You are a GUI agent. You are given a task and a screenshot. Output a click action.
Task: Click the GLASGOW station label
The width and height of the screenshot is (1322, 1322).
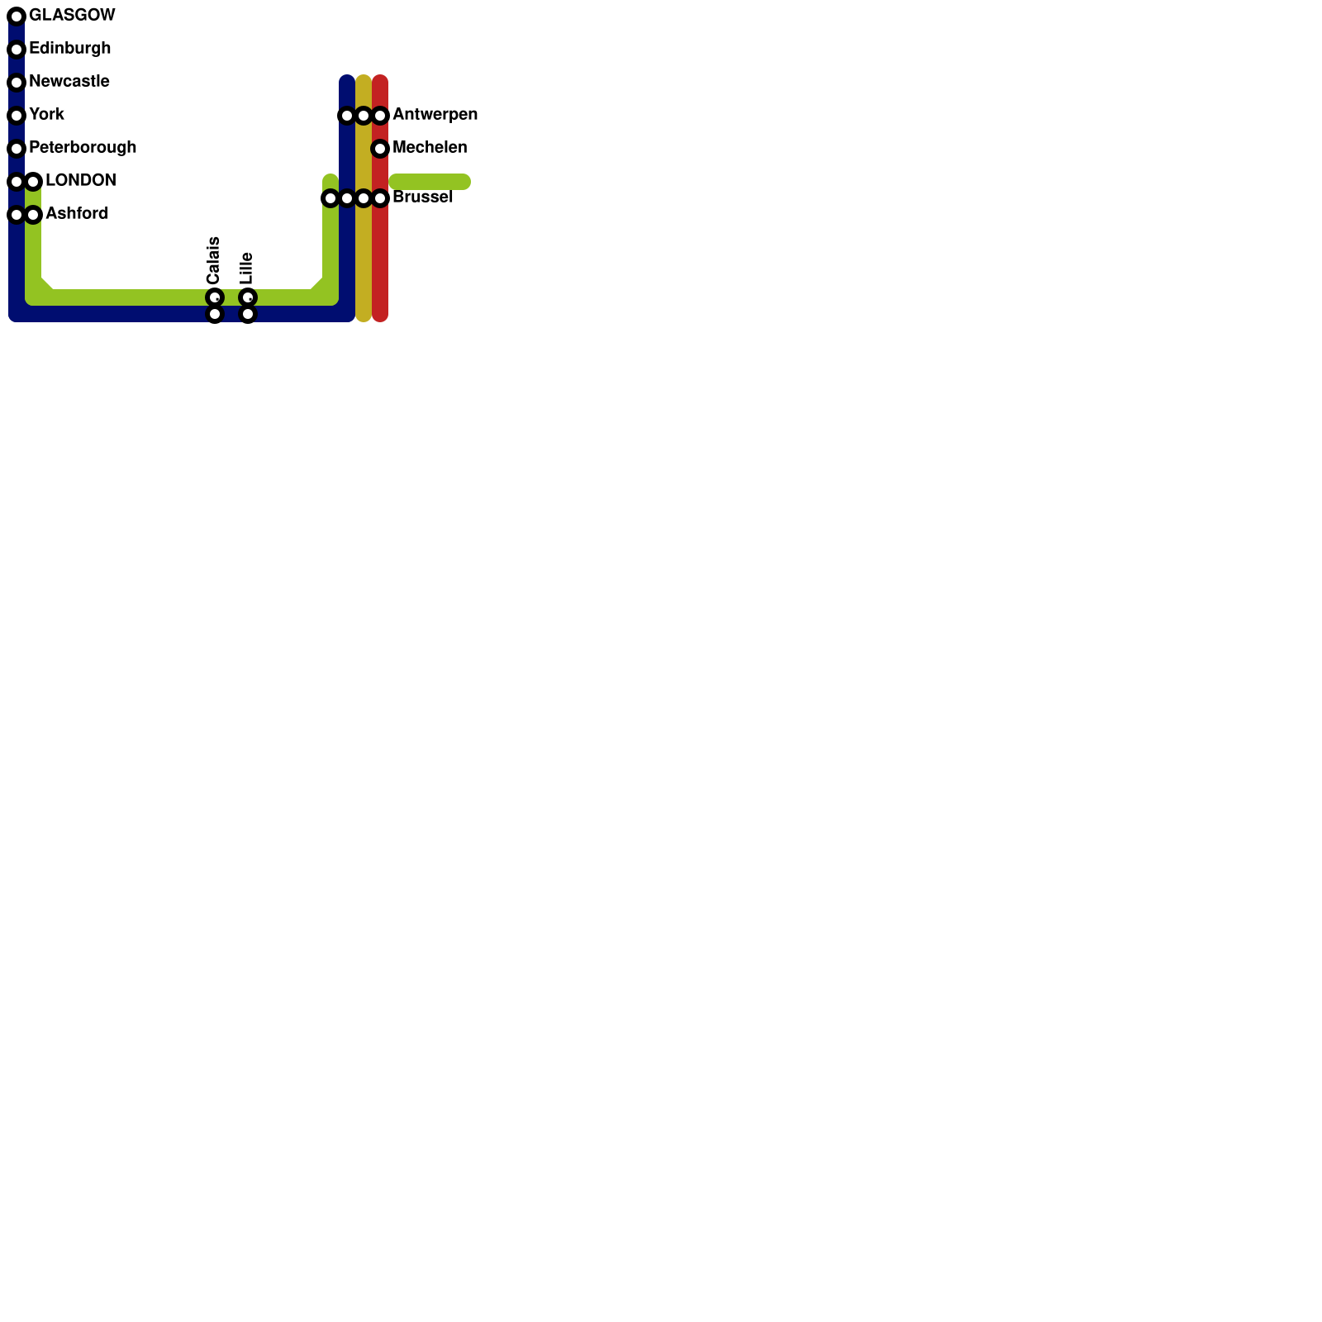(x=72, y=16)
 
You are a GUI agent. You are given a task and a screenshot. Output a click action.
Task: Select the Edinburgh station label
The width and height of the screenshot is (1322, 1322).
(x=69, y=49)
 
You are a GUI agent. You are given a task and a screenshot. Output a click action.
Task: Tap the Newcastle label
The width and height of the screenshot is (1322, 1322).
(x=69, y=82)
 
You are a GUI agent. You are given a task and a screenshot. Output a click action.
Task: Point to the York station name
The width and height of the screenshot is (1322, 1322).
(x=46, y=115)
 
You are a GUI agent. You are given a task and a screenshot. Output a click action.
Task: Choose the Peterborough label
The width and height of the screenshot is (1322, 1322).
(x=83, y=148)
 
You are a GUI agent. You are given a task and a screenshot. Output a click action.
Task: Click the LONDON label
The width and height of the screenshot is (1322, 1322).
(x=80, y=181)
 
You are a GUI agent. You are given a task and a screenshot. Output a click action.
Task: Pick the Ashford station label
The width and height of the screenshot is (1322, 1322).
(x=77, y=214)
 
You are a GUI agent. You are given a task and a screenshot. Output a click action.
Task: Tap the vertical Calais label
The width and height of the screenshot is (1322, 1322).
(x=213, y=260)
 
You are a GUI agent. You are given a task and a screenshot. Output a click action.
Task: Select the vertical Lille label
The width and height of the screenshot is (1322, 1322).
(x=246, y=269)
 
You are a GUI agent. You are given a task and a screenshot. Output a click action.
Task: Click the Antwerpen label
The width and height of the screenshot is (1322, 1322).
(x=435, y=115)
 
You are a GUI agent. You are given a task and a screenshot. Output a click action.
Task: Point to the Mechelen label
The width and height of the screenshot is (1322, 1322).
(x=430, y=148)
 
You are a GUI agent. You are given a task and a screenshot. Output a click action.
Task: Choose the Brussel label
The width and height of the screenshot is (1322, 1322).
(x=422, y=197)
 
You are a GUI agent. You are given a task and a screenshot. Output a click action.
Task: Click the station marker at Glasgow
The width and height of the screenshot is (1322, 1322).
(x=17, y=17)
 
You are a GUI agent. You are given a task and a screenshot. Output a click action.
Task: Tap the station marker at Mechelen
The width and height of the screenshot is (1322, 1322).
(x=380, y=149)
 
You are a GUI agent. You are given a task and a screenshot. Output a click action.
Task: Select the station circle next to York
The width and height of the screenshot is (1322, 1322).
(x=17, y=116)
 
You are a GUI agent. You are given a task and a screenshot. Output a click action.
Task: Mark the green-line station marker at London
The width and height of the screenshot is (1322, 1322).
(x=33, y=182)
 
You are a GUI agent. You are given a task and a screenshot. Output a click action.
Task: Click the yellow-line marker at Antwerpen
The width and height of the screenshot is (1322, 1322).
(x=364, y=116)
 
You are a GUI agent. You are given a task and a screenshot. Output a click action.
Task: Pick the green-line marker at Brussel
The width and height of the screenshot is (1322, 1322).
(x=330, y=198)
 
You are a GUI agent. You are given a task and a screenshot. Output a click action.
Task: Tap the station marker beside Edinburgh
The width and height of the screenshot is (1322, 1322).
(x=17, y=50)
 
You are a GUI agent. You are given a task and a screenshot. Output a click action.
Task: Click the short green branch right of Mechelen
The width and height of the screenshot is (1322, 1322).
(x=430, y=182)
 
